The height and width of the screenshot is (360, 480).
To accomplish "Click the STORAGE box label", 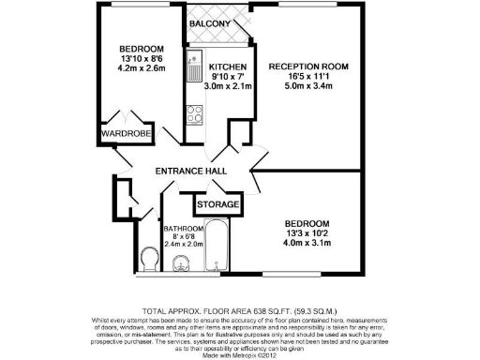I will click(217, 204).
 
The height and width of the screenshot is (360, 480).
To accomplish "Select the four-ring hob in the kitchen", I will click(197, 116).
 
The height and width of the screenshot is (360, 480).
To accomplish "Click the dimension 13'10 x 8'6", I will click(142, 60).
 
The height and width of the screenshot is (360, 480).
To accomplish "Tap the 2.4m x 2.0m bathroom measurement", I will click(185, 244).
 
